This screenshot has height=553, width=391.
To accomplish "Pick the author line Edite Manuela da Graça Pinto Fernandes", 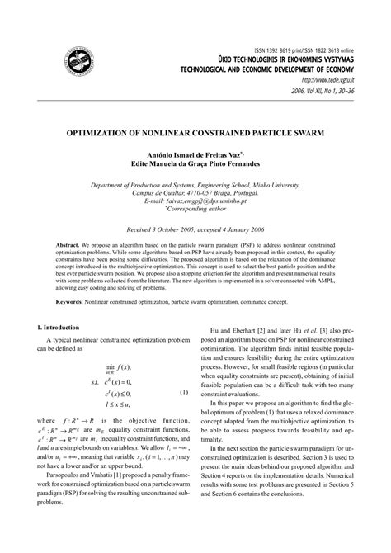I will coord(195,164).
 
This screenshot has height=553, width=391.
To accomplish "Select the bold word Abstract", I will coord(68,247).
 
